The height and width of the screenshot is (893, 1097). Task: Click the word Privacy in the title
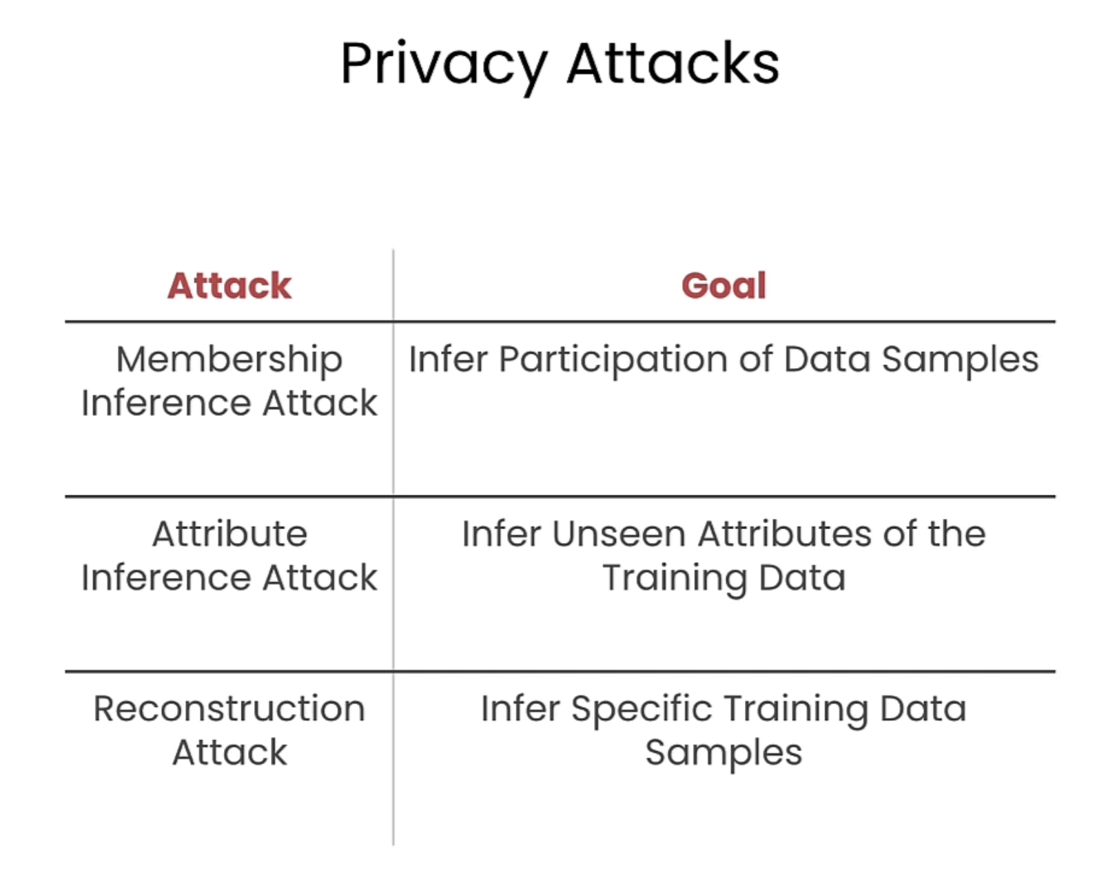tap(444, 66)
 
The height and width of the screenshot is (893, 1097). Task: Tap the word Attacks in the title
tap(673, 63)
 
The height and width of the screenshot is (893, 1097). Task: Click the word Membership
tap(229, 361)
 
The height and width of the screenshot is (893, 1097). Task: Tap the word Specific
tap(642, 710)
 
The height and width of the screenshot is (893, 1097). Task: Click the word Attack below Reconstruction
tap(229, 752)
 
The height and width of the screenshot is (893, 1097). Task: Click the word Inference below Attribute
tap(165, 577)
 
